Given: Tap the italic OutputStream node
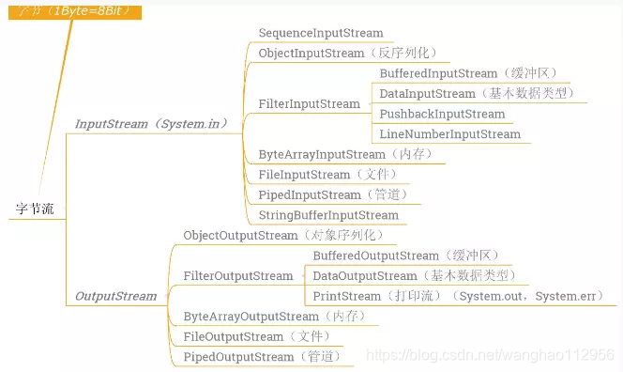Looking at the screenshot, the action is tap(115, 296).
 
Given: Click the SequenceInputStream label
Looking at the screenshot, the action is tap(320, 33).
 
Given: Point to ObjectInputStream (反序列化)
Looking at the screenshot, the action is tap(347, 54).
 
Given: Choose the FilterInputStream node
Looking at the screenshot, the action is tap(309, 103).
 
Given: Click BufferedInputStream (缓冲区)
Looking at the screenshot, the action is tap(450, 73).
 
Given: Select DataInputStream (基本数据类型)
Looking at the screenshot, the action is tap(476, 94).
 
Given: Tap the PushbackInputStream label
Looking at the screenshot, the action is tap(442, 114).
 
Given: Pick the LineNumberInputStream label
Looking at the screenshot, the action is tap(449, 134).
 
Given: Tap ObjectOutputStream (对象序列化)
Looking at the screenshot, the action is tap(283, 235).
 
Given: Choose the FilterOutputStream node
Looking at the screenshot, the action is tap(238, 276).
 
